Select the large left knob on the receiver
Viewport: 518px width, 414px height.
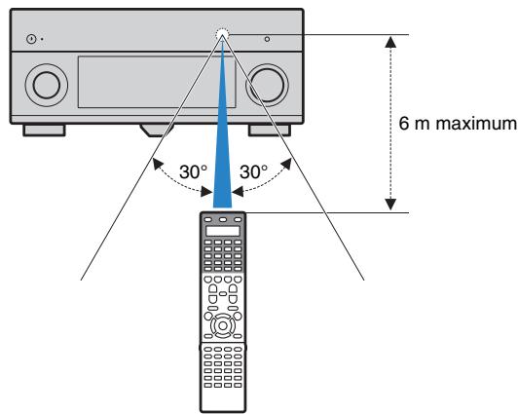coord(46,84)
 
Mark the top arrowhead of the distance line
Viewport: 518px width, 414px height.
coord(390,42)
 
